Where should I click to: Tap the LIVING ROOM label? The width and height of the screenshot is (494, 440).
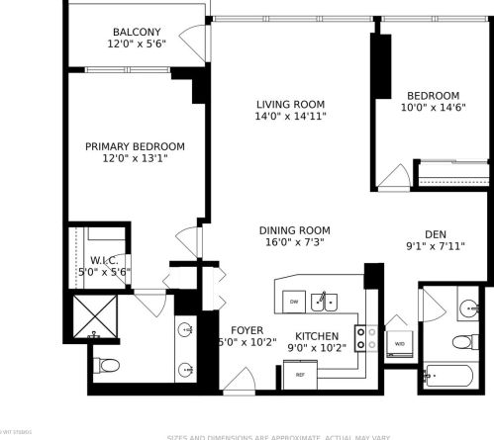pos(291,104)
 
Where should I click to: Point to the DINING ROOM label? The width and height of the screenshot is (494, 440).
pos(295,229)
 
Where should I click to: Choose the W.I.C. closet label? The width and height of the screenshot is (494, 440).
pos(104,259)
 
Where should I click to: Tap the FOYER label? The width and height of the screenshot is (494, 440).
pos(246,330)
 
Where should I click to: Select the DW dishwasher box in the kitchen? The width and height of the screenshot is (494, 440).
pos(293,300)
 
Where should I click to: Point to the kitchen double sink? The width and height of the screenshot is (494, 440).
pos(325,299)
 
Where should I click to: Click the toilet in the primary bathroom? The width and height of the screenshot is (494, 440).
pos(106,366)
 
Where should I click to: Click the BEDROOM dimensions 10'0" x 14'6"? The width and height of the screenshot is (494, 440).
pos(433,109)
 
